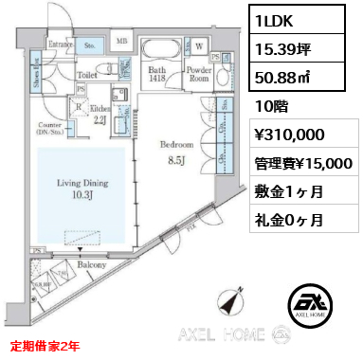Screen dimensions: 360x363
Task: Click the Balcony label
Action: pos(91,266)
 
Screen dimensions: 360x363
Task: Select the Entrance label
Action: pos(62,43)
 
